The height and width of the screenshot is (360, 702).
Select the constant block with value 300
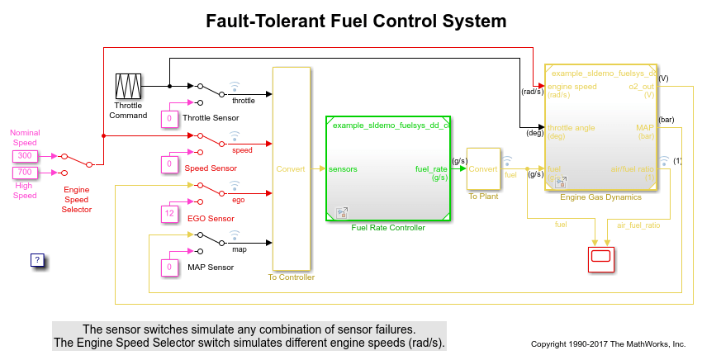pyautogui.click(x=25, y=155)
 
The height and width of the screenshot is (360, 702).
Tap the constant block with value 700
pyautogui.click(x=25, y=173)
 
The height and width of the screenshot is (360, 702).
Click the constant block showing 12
pyautogui.click(x=168, y=214)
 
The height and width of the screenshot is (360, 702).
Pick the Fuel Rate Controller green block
pyautogui.click(x=387, y=168)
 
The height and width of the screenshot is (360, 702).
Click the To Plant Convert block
pyautogui.click(x=483, y=168)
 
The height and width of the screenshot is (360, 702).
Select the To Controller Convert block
pyautogui.click(x=291, y=168)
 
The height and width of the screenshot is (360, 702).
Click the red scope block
pyautogui.click(x=600, y=258)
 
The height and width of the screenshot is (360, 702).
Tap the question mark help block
pyautogui.click(x=37, y=259)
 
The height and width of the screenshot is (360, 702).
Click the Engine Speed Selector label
pyautogui.click(x=77, y=199)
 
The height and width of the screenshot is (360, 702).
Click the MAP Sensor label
pyautogui.click(x=210, y=268)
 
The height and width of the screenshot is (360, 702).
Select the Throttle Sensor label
pyautogui.click(x=211, y=118)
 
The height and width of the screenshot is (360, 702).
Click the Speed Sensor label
pyautogui.click(x=210, y=168)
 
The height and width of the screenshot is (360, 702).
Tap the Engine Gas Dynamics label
pyautogui.click(x=600, y=198)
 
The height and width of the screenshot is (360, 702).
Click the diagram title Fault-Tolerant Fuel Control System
pyautogui.click(x=356, y=21)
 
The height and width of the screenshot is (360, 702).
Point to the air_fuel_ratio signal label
pyautogui.click(x=638, y=225)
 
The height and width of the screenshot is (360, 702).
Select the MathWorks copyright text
pyautogui.click(x=608, y=343)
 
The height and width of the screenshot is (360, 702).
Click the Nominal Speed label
pyautogui.click(x=25, y=137)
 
